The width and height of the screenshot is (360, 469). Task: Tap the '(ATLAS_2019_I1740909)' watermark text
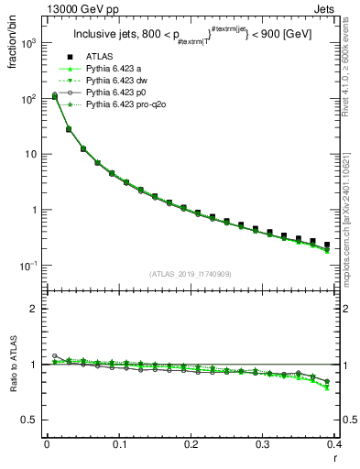click(x=189, y=275)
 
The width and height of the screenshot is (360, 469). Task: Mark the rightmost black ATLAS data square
click(x=327, y=245)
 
